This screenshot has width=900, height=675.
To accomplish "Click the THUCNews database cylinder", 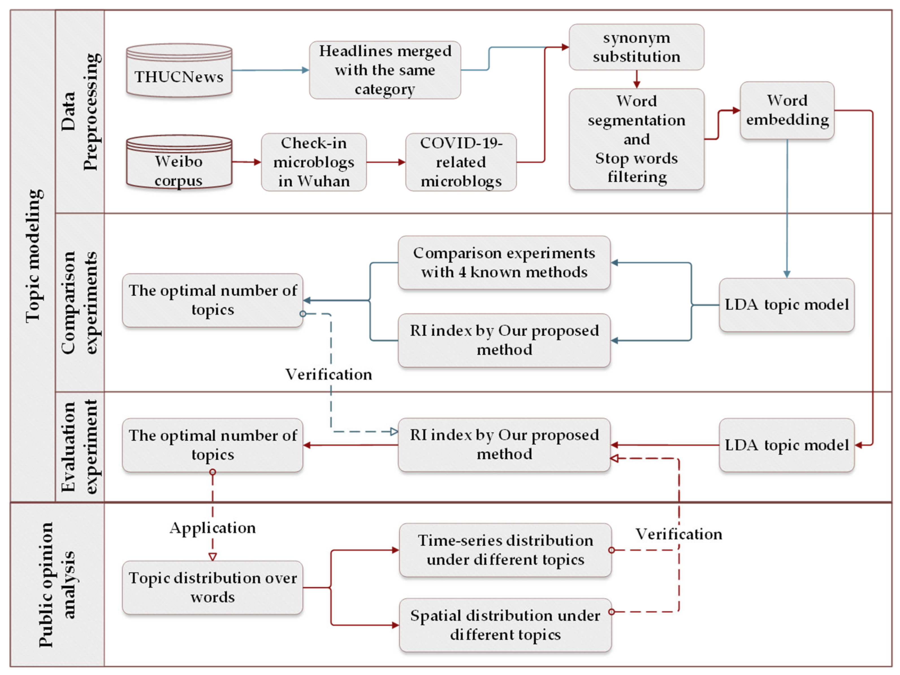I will pos(179,71).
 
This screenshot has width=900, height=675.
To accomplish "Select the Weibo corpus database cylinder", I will pos(179,163).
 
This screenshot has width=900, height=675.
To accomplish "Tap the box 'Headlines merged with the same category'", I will pos(385,70).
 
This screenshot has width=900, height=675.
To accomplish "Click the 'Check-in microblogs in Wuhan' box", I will pos(314,162).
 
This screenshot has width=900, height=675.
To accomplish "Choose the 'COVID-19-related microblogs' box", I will pos(461,162).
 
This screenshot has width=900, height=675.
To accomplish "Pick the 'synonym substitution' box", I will pos(636,47).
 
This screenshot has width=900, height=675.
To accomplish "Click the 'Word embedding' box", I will pos(787,110).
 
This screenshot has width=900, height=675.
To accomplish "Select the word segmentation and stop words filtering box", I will pos(636,139).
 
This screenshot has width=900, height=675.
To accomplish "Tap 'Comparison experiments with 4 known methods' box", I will pos(504,263).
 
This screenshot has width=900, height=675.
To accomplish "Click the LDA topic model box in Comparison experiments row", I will pos(786,305).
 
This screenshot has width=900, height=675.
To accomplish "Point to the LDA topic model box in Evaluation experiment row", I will pos(786,445).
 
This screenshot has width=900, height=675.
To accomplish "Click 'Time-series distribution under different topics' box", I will pos(505,550).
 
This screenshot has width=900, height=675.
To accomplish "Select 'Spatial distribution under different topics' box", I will pos(505,625).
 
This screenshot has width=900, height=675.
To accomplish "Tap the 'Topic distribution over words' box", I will pos(212,587).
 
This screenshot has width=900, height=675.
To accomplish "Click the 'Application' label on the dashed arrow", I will pos(212,528).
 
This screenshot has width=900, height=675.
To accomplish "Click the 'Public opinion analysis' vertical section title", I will pos(57,585).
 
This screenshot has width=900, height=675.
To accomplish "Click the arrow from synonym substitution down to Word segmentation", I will pos(637,79).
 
